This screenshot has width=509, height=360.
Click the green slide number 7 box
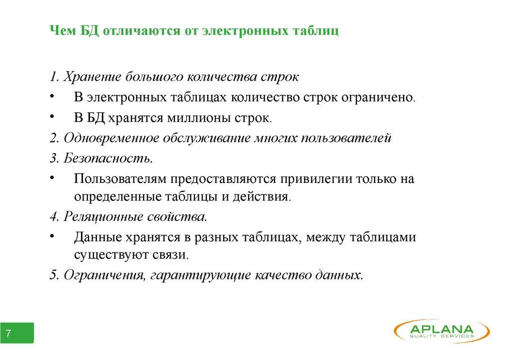tap(17, 333)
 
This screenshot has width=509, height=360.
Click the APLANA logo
tap(442, 331)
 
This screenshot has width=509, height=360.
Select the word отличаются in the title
tap(142, 31)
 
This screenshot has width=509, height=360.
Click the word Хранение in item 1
tap(92, 77)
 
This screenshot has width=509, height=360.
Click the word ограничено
tap(378, 97)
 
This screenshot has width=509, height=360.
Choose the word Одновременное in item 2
tap(111, 138)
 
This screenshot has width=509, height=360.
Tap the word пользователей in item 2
tap(346, 138)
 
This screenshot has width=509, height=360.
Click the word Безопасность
tap(108, 158)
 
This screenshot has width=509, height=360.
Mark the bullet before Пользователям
tap(52, 178)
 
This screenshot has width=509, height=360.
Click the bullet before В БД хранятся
tap(52, 116)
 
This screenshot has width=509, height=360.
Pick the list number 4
tap(54, 216)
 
